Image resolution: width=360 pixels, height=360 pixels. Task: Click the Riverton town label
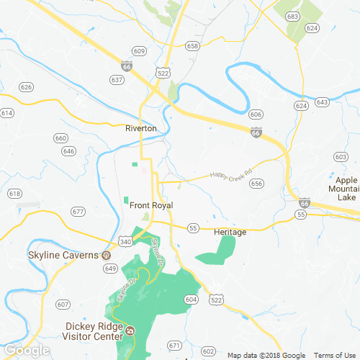tap(140, 128)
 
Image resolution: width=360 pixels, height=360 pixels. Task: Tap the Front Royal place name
tap(152, 205)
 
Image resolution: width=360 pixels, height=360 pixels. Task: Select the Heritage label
tap(230, 232)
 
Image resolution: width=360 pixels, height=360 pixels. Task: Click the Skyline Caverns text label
tap(53, 255)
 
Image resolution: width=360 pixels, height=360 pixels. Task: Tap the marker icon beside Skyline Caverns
tap(107, 255)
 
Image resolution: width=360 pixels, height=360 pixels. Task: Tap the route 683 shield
tap(292, 15)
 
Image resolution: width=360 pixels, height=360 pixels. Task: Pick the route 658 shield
tap(192, 45)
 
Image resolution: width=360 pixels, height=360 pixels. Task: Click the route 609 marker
tap(139, 51)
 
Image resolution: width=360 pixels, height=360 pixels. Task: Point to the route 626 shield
tap(27, 87)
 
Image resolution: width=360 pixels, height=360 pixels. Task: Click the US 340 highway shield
tap(125, 243)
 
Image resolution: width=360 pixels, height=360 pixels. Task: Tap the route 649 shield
tap(110, 269)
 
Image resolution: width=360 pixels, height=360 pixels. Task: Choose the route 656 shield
tap(256, 184)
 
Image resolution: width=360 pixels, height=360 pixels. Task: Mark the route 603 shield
tap(341, 156)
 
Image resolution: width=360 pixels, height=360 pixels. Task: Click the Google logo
tap(26, 351)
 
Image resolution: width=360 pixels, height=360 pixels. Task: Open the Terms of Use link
tap(333, 355)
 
